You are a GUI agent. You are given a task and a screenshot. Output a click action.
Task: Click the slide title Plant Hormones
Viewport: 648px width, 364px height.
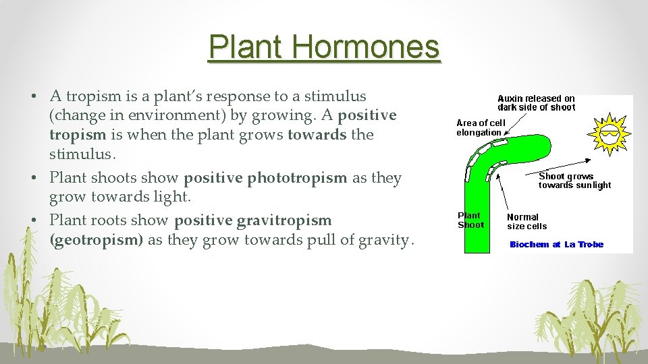click(324, 47)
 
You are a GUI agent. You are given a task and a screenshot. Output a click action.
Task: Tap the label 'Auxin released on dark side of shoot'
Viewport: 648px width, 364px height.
click(536, 102)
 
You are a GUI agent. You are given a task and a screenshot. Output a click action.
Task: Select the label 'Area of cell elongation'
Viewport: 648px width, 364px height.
click(480, 127)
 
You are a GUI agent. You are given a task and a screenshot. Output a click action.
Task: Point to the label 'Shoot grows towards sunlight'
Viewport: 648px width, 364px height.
click(574, 181)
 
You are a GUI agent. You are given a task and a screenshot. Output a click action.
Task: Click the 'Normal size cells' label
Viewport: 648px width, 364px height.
click(526, 222)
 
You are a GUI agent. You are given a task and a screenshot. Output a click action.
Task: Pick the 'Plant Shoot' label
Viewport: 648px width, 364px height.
click(470, 220)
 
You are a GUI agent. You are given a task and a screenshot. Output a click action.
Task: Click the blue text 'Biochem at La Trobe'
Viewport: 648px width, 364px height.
click(556, 245)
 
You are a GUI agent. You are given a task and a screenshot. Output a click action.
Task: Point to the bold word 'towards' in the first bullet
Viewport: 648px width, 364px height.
click(317, 134)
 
